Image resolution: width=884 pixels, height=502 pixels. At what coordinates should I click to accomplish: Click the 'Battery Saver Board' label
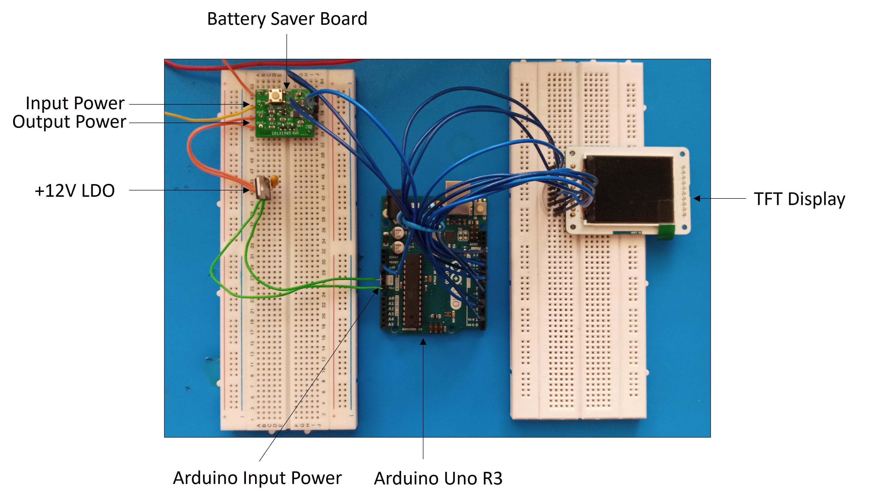[x=287, y=19]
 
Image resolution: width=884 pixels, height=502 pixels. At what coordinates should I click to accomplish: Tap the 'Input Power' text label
[x=75, y=103]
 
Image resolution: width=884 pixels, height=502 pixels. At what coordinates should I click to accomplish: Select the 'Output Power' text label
[x=69, y=122]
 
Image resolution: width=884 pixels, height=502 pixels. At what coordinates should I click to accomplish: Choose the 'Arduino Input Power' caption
[x=257, y=478]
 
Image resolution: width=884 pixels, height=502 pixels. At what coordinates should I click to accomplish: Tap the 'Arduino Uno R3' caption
[x=438, y=478]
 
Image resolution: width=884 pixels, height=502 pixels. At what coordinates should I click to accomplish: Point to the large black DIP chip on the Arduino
[x=412, y=290]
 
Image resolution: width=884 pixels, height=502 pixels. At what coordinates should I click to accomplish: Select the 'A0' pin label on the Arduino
[x=391, y=298]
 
